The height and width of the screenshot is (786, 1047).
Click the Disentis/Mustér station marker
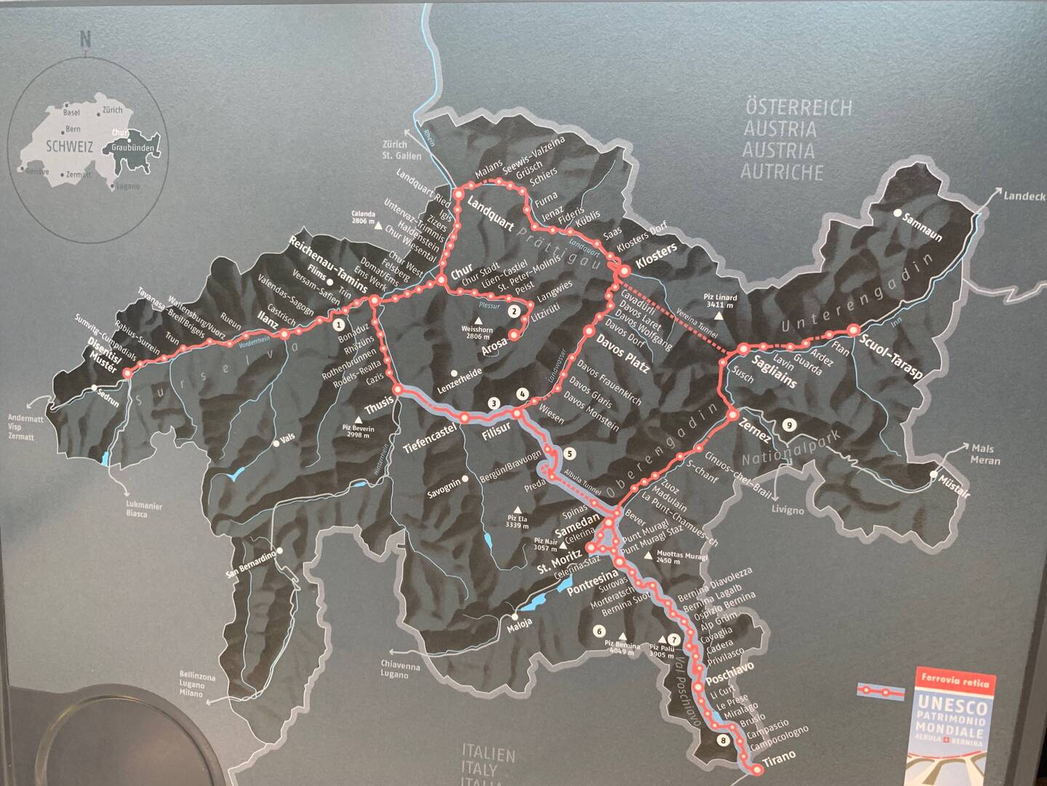[127, 373]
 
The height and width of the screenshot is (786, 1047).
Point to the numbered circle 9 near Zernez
[790, 425]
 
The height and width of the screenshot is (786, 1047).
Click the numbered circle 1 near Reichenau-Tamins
[337, 325]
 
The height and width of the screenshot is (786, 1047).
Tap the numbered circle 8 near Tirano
[721, 741]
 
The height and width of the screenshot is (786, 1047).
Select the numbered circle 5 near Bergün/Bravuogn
[569, 453]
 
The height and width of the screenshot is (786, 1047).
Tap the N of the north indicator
[85, 39]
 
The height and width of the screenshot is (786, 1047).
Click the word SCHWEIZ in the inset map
[70, 146]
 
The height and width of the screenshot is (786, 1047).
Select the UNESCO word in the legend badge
[951, 704]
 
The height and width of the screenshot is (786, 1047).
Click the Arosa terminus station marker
[513, 335]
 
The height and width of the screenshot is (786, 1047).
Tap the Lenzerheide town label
[460, 385]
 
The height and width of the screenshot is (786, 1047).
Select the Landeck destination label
[1023, 196]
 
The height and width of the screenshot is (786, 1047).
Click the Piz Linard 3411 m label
[720, 301]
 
